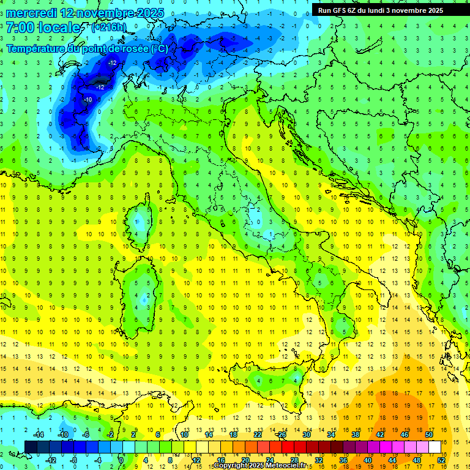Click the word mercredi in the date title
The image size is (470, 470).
point(31,13)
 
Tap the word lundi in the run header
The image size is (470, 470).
point(389,10)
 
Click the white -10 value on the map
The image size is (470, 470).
point(88,100)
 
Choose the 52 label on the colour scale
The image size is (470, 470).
point(441,460)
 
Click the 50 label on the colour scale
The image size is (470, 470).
point(429,435)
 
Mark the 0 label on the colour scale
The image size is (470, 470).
point(121,460)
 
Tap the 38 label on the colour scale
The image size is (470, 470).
point(356,435)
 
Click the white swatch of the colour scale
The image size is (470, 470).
point(435,447)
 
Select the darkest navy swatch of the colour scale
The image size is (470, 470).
point(31,447)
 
